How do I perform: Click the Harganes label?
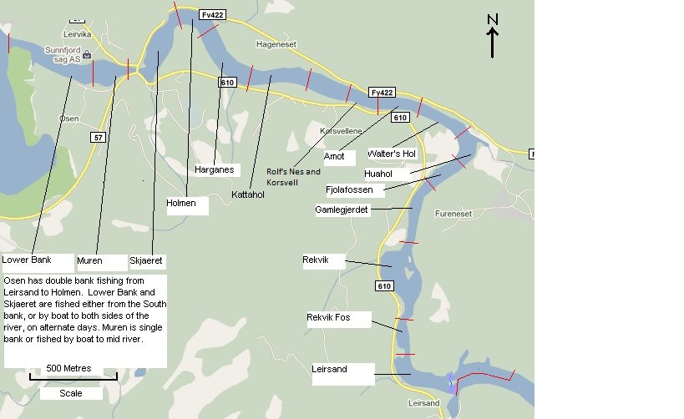[x=212, y=169]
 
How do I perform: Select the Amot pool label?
[x=334, y=156]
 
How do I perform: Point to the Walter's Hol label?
[x=391, y=154]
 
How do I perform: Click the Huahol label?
[x=378, y=174]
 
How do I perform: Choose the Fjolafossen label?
[x=349, y=190]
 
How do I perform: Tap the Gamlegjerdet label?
[x=342, y=209]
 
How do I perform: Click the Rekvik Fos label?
[x=327, y=318]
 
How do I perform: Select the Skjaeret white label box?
[x=147, y=261]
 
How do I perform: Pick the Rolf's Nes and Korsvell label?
[x=293, y=177]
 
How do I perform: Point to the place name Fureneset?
[x=453, y=214]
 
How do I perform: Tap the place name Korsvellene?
[x=342, y=132]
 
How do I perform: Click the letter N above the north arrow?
[x=493, y=19]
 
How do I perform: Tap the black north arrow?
[x=493, y=42]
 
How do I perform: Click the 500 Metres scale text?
[x=69, y=368]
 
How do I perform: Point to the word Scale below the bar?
[x=71, y=393]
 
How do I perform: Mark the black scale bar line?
[x=73, y=378]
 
